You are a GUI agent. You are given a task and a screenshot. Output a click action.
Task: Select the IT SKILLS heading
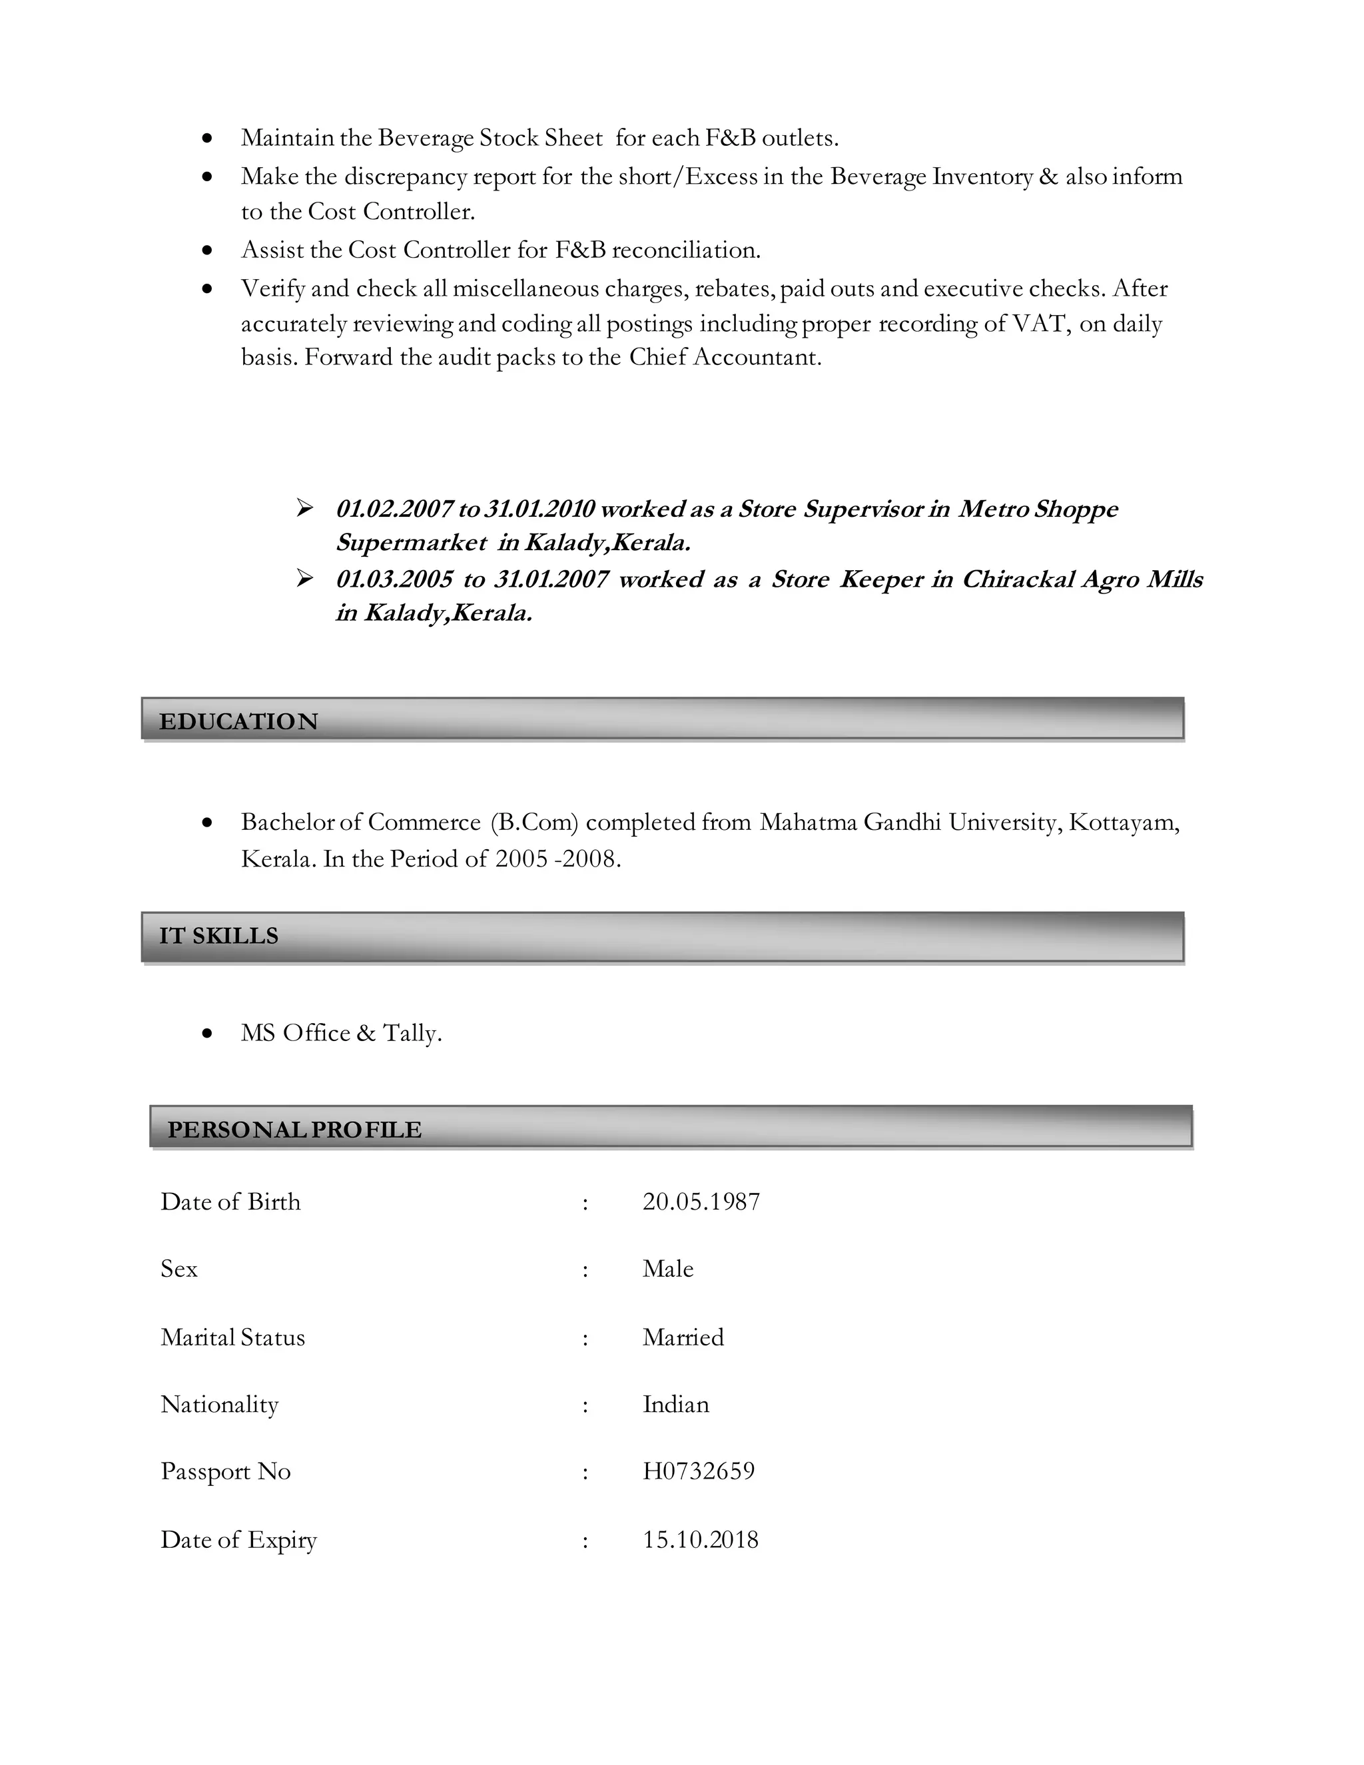218,936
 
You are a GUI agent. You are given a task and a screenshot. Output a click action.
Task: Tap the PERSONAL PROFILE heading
294,1129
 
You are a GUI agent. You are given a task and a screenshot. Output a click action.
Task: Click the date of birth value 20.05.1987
701,1202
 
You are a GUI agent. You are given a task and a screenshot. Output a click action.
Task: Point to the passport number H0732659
698,1471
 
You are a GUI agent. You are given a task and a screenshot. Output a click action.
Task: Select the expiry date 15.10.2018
700,1539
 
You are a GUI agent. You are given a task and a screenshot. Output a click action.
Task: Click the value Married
683,1337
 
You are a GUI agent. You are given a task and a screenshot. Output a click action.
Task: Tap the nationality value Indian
675,1405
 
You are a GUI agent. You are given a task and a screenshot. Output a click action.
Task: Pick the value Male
667,1269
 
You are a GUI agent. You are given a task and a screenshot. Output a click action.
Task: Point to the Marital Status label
232,1337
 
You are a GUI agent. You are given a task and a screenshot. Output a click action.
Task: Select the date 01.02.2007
394,509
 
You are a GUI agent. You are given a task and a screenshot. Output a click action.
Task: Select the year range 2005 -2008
557,859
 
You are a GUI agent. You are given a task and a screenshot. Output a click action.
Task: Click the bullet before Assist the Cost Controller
208,250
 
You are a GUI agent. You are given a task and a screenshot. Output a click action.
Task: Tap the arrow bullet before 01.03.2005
304,579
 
